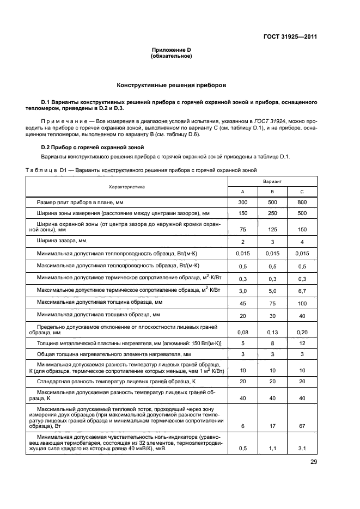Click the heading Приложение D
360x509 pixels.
pos(171,50)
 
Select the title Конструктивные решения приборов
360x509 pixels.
pos(171,85)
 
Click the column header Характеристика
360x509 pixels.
pos(126,187)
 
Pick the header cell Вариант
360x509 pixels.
pos(272,180)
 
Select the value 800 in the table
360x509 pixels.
pos(302,203)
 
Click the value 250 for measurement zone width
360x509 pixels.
pos(272,214)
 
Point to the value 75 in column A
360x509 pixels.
pos(243,230)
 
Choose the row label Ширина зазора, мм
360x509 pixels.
pos(62,241)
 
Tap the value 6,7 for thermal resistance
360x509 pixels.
pos(302,291)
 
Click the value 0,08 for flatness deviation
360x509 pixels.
pos(243,332)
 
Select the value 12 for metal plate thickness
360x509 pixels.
pos(302,344)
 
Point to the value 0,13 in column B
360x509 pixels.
pos(272,332)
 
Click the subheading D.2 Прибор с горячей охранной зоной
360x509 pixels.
pos(93,147)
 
